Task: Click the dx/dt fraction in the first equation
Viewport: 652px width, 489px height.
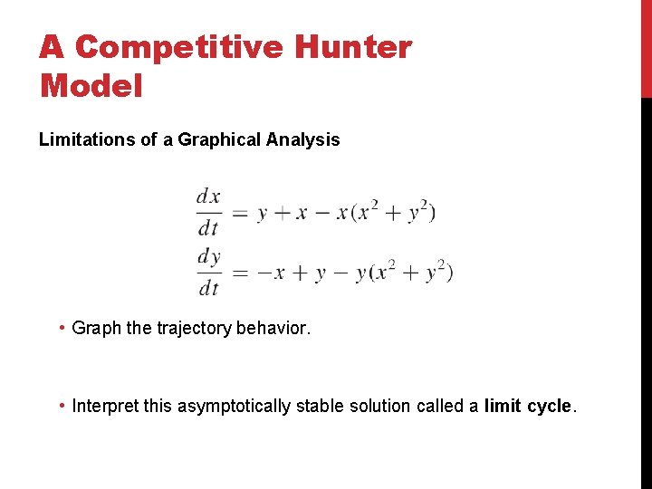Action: [208, 212]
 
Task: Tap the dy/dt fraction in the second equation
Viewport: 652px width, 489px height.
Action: [209, 272]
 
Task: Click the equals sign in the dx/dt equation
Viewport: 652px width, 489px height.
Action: [239, 215]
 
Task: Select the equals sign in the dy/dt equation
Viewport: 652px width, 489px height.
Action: [239, 273]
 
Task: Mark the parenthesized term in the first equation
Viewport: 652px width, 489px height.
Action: [393, 213]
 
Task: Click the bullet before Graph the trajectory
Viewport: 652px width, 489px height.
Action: [61, 328]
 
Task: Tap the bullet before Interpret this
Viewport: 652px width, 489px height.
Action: [61, 406]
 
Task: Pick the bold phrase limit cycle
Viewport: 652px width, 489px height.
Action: [527, 406]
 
